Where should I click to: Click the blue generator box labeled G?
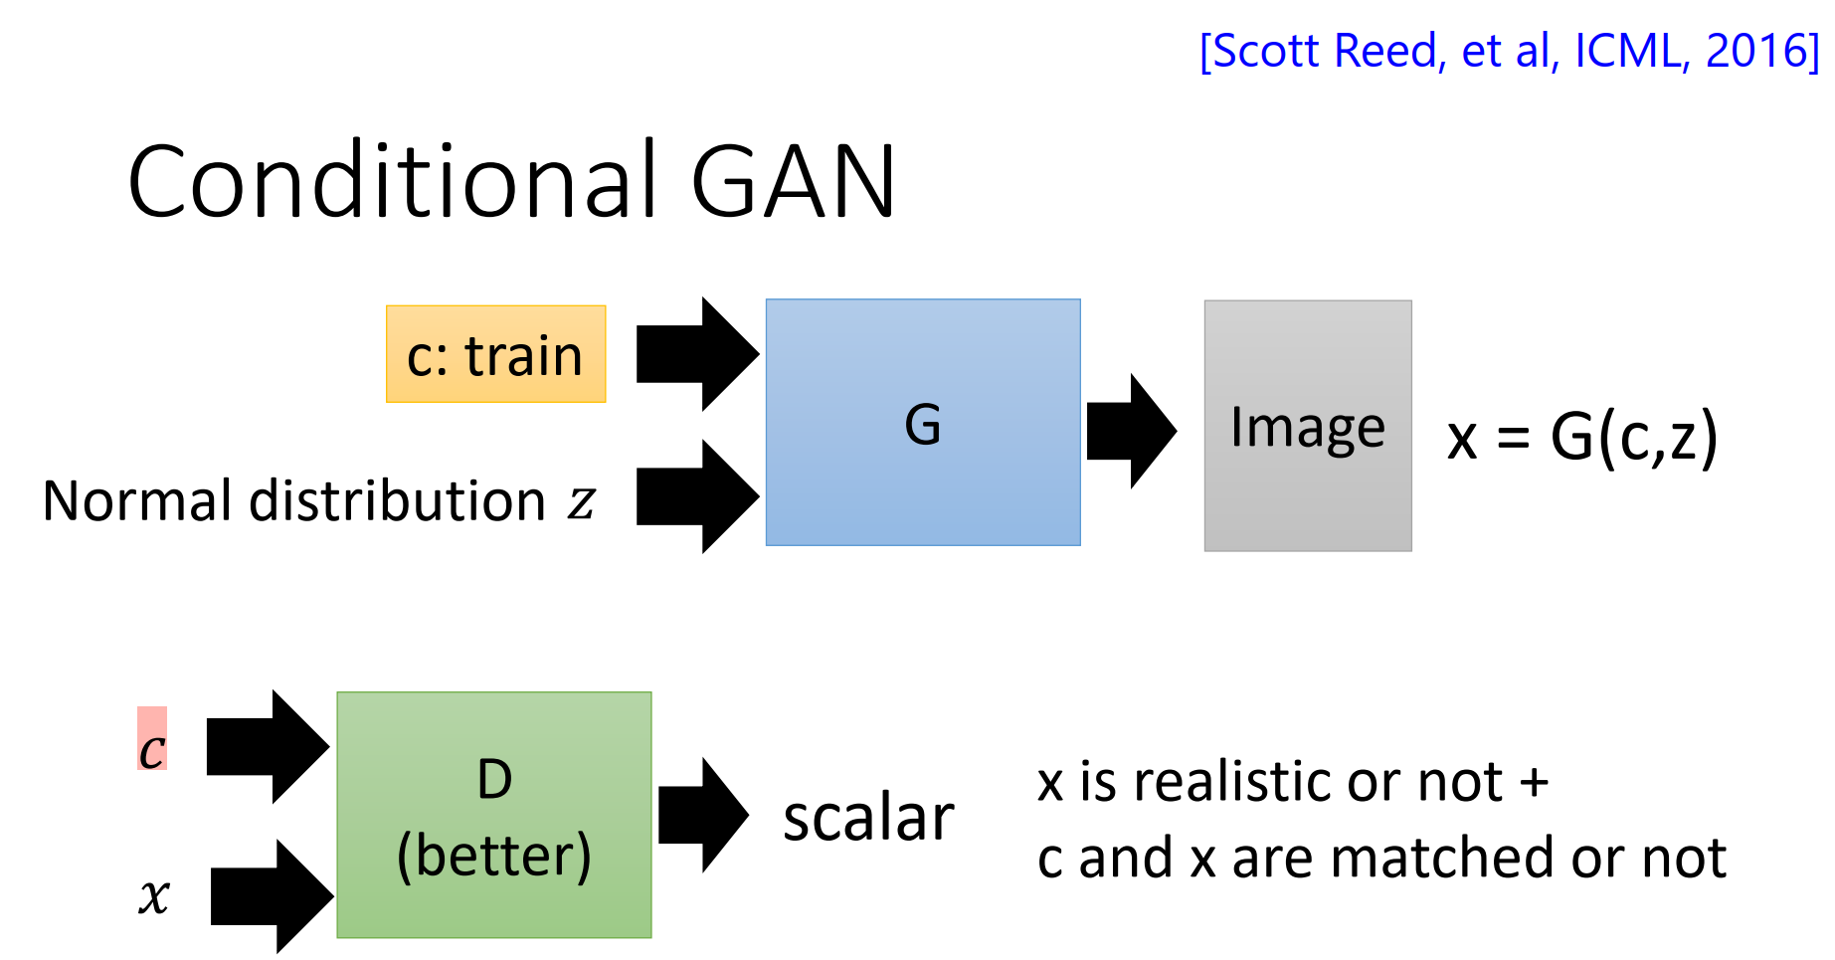pyautogui.click(x=922, y=422)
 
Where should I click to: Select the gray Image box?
pyautogui.click(x=1307, y=426)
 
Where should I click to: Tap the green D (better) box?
pyautogui.click(x=493, y=815)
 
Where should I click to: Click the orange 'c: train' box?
pyautogui.click(x=495, y=354)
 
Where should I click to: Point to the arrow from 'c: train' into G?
pyautogui.click(x=696, y=354)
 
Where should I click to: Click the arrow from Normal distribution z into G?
pyautogui.click(x=696, y=496)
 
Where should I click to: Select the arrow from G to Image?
pyautogui.click(x=1131, y=431)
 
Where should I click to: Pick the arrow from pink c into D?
pyautogui.click(x=267, y=746)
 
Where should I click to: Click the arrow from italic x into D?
pyautogui.click(x=271, y=896)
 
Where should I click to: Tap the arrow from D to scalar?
pyautogui.click(x=702, y=815)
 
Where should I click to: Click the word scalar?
pyautogui.click(x=867, y=819)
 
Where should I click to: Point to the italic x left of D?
pyautogui.click(x=153, y=894)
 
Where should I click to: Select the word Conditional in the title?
pyautogui.click(x=393, y=181)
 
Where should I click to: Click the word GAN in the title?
pyautogui.click(x=793, y=181)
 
